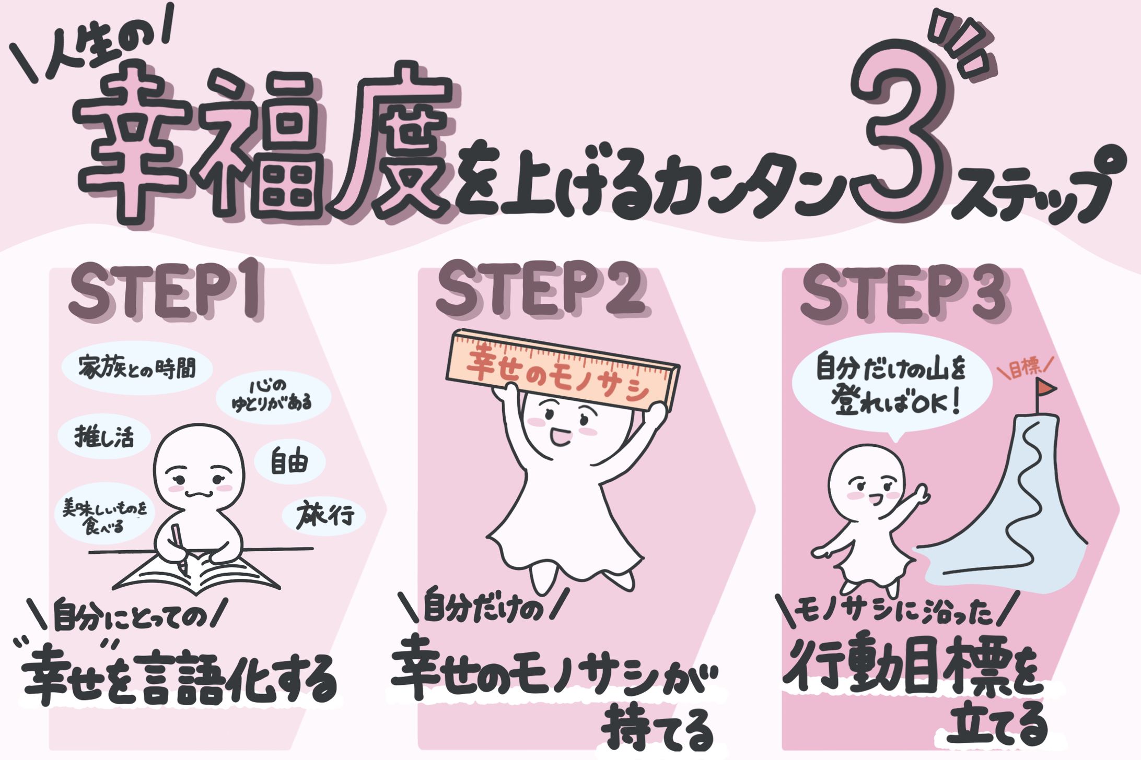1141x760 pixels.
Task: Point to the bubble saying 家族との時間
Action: (x=137, y=368)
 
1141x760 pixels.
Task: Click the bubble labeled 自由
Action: (x=290, y=462)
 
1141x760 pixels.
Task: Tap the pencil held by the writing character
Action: (x=179, y=545)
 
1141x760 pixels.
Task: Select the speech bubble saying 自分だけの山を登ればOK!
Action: (x=891, y=389)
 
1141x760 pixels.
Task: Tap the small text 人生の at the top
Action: (x=99, y=52)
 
